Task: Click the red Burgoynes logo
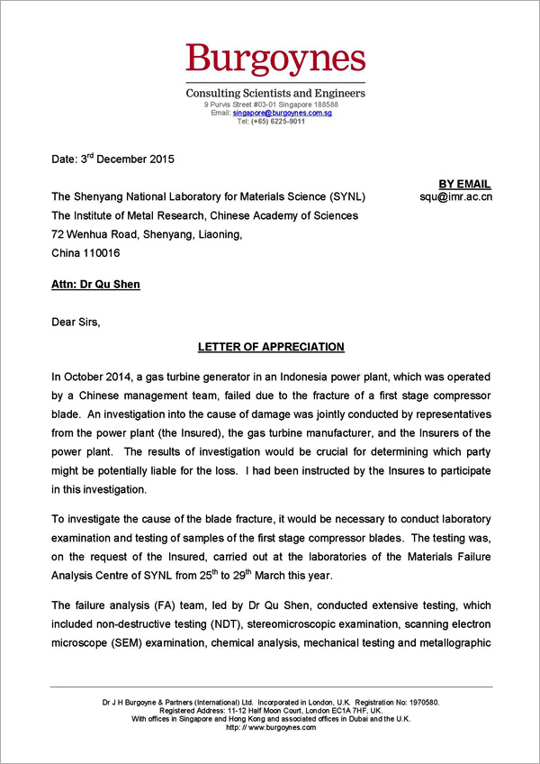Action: point(275,59)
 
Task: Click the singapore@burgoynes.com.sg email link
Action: point(282,113)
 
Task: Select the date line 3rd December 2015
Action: point(112,159)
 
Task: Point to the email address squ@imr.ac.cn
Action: point(455,197)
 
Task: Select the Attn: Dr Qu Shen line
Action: point(95,285)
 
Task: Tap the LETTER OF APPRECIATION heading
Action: point(271,347)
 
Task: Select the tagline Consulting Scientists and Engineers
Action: point(275,94)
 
